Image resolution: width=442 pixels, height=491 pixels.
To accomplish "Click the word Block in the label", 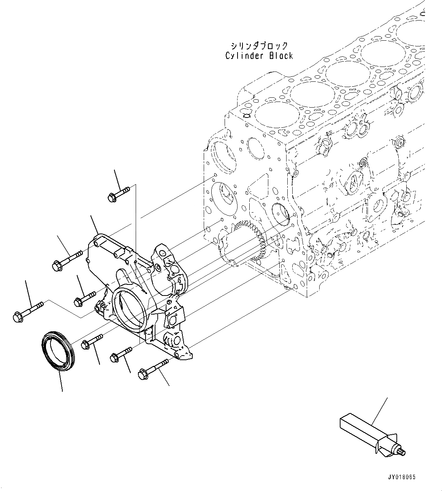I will click(x=281, y=56).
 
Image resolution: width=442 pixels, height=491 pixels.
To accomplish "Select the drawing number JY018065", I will click(x=402, y=477).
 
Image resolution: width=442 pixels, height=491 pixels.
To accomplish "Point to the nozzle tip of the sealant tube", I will click(x=402, y=452).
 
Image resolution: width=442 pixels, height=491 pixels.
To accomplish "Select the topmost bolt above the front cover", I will click(x=118, y=193).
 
